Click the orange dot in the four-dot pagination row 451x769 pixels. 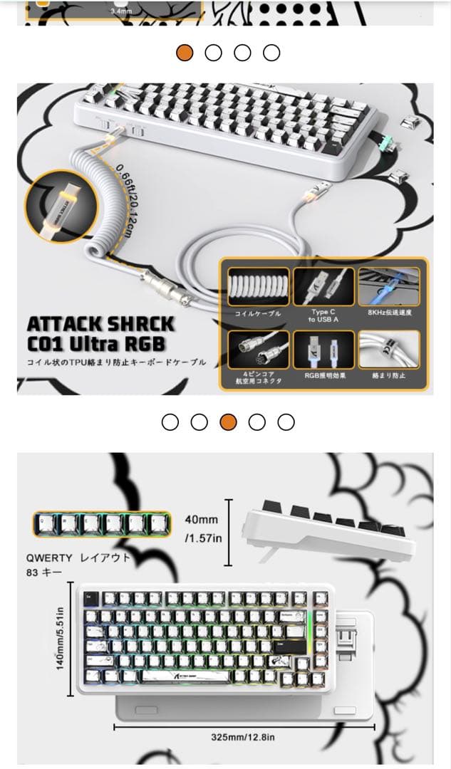click(185, 53)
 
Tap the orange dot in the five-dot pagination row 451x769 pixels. click(228, 422)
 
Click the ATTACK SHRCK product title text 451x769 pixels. click(100, 324)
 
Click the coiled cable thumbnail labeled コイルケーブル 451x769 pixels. click(258, 286)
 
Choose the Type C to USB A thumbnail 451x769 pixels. click(323, 286)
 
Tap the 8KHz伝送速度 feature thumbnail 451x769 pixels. click(389, 286)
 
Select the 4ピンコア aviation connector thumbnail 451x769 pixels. click(258, 349)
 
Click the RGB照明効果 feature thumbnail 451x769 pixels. click(323, 349)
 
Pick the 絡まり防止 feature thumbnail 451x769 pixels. click(389, 349)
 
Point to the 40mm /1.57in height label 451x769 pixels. click(203, 529)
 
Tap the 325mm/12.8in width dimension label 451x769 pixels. click(243, 736)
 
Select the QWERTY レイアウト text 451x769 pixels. click(78, 558)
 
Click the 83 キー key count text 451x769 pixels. click(44, 572)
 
